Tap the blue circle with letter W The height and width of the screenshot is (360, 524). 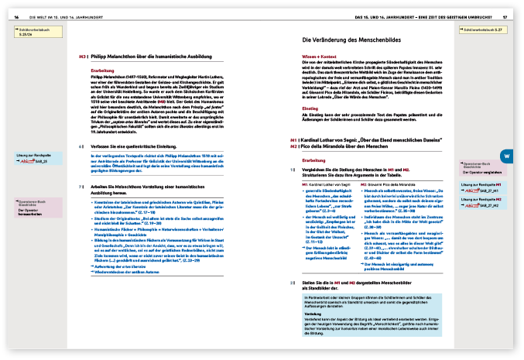(505, 135)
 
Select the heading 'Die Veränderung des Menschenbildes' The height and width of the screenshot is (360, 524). (353, 39)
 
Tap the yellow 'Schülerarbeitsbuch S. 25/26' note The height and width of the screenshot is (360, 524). (33, 31)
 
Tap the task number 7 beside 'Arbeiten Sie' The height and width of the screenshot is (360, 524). (81, 187)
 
